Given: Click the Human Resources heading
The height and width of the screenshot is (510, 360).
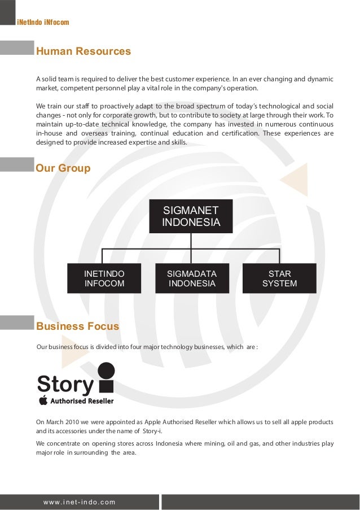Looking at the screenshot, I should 84,52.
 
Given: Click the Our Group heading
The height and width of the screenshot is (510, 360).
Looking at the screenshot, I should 63,168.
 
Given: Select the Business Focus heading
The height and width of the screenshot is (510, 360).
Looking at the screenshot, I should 77,326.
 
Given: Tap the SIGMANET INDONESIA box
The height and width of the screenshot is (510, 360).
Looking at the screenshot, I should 191,216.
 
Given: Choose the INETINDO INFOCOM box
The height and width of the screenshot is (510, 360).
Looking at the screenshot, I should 104,278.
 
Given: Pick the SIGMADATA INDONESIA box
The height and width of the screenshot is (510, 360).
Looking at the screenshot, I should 192,278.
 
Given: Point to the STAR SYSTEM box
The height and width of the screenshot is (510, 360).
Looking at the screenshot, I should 279,278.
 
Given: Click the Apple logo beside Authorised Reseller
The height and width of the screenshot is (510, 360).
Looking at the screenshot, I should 43,400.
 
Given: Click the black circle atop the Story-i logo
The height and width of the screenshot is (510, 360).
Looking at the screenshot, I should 106,370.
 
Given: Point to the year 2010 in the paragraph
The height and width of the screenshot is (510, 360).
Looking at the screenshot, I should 70,422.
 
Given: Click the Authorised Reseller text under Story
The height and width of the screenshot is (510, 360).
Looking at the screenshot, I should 83,401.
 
